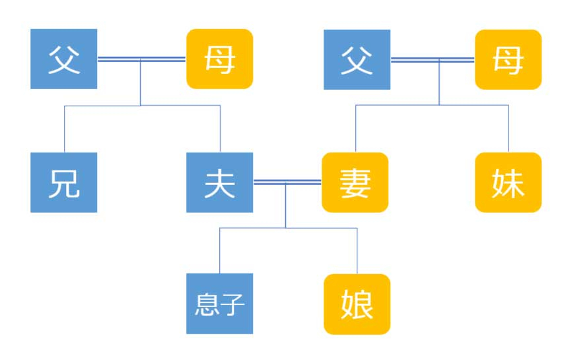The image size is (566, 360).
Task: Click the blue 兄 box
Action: [x=64, y=182]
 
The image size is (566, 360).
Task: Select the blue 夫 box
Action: [x=219, y=182]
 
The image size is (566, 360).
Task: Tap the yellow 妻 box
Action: [x=355, y=182]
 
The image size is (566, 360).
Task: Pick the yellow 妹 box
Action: [x=509, y=182]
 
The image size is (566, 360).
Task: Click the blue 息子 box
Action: [x=219, y=304]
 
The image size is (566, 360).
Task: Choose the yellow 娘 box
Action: [x=357, y=304]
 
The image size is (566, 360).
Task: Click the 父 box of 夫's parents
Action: [x=64, y=59]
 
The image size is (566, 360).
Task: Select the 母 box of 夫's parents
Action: [x=219, y=59]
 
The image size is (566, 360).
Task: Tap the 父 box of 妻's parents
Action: [x=357, y=59]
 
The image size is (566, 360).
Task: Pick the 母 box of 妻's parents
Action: [x=509, y=59]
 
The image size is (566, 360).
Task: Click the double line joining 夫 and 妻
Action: [x=287, y=182]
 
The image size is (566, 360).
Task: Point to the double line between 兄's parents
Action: [x=142, y=59]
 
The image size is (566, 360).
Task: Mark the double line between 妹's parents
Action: [x=433, y=59]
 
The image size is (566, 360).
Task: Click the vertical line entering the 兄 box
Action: [x=64, y=129]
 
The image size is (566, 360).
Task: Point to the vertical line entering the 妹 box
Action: [x=509, y=129]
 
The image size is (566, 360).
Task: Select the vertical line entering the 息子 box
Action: [x=219, y=250]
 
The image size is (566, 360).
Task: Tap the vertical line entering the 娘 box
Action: [x=357, y=251]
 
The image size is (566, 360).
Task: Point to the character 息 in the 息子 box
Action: [x=207, y=304]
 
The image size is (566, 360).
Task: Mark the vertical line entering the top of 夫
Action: [x=220, y=129]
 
